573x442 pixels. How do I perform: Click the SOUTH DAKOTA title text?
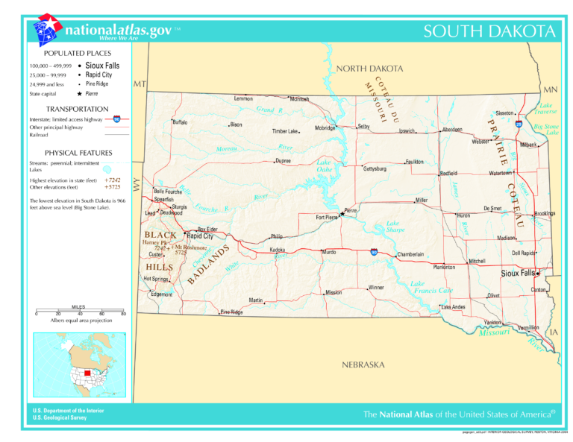pyautogui.click(x=489, y=31)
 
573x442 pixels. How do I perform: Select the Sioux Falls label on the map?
pyautogui.click(x=517, y=274)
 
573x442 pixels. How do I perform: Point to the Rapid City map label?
pyautogui.click(x=199, y=236)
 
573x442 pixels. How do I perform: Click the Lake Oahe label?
pyautogui.click(x=325, y=165)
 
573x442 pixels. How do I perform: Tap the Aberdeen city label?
pyautogui.click(x=452, y=130)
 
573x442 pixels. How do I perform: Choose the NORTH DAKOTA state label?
pyautogui.click(x=369, y=69)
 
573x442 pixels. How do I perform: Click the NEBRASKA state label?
pyautogui.click(x=363, y=365)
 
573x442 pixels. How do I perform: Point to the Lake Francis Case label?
pyautogui.click(x=431, y=287)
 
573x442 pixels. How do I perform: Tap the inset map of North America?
pyautogui.click(x=79, y=365)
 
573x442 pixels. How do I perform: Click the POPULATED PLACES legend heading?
pyautogui.click(x=78, y=54)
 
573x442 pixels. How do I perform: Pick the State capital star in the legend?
pyautogui.click(x=78, y=95)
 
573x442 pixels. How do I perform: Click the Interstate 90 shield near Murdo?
pyautogui.click(x=374, y=252)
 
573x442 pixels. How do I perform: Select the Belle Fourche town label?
pyautogui.click(x=168, y=192)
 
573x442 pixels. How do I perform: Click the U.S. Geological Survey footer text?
pyautogui.click(x=60, y=418)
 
